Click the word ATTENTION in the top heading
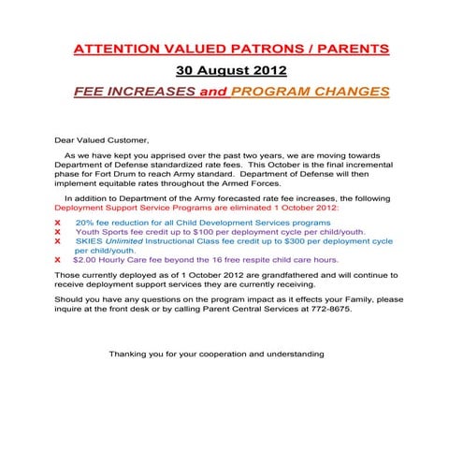[x=113, y=48]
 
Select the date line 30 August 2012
[x=231, y=70]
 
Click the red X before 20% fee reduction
[x=58, y=222]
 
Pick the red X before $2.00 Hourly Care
[x=58, y=259]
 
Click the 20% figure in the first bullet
[x=84, y=222]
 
